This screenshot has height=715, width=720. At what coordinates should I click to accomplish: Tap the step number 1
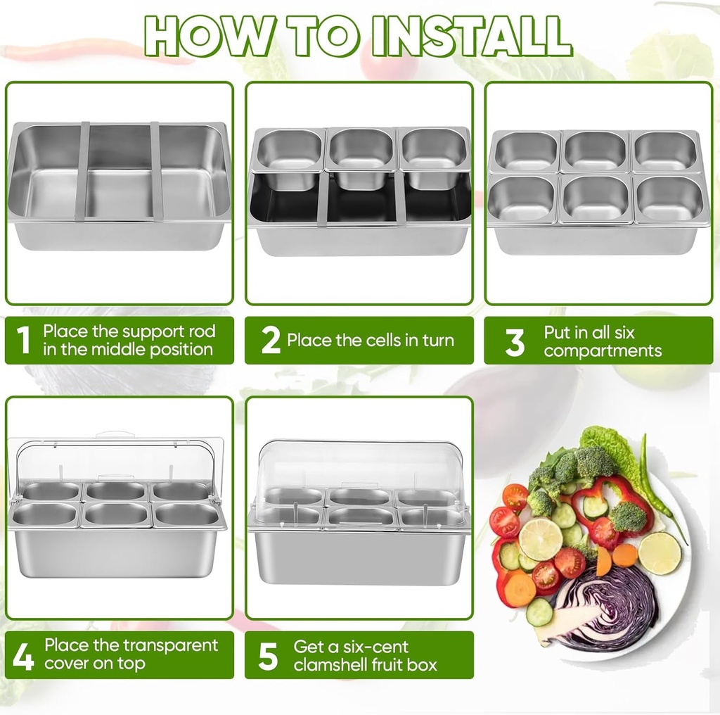(x=23, y=341)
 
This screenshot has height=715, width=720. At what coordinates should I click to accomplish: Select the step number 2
(x=271, y=341)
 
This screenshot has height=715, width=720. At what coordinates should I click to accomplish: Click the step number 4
(x=23, y=655)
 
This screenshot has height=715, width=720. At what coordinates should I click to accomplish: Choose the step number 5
(x=269, y=655)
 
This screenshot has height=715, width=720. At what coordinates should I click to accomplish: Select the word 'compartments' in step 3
(x=603, y=350)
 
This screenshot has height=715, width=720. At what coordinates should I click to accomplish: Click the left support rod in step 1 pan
(x=83, y=171)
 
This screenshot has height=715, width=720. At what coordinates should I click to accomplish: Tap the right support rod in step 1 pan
(x=156, y=171)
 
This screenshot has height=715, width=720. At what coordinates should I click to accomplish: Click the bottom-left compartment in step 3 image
(x=523, y=198)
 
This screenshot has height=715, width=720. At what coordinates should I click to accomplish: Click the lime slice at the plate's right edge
(x=660, y=552)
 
